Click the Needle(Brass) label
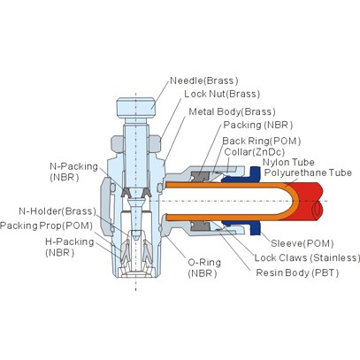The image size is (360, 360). (x=204, y=80)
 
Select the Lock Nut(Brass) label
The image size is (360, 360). (x=222, y=94)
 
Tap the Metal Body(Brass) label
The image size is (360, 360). (x=232, y=111)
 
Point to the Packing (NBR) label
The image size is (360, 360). (x=258, y=125)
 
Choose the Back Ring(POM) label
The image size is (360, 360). (x=262, y=142)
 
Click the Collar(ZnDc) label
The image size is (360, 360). (x=255, y=152)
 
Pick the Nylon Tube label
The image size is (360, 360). (x=288, y=162)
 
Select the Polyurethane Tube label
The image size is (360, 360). (x=308, y=172)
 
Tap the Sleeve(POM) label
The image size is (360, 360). (x=303, y=243)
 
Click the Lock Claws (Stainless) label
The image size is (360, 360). (x=307, y=257)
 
